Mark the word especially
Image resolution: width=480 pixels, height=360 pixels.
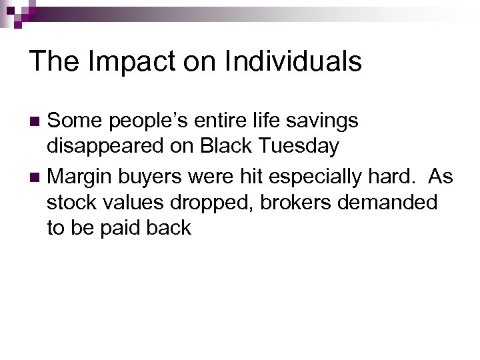[300, 177]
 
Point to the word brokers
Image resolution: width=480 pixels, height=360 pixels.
[297, 202]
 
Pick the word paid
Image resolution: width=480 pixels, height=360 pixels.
[119, 227]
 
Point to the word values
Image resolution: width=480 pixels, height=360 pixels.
[131, 202]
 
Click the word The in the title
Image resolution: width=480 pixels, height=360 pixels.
[51, 62]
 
